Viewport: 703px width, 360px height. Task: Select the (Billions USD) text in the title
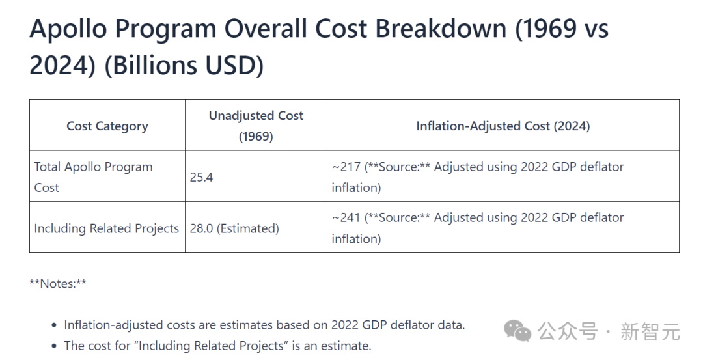pos(184,66)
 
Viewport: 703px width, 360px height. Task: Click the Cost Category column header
pos(107,126)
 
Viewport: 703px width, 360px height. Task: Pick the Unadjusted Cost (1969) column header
pos(256,126)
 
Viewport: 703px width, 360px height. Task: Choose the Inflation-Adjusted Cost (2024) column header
pos(503,126)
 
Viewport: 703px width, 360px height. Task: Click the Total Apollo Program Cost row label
pos(93,177)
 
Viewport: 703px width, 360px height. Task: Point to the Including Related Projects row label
pos(106,228)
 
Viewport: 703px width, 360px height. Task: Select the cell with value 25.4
pos(202,177)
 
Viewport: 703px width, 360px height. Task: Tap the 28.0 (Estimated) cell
pos(234,228)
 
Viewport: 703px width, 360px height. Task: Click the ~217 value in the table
pos(346,167)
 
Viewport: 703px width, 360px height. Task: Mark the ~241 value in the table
pos(346,217)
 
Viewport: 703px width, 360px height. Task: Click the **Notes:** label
pos(58,283)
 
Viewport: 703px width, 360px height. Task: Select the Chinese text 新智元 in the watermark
pos(650,332)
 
